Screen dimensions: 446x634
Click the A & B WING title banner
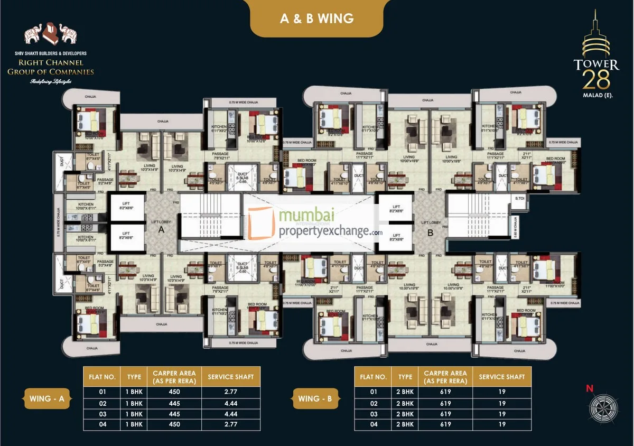[x=316, y=18]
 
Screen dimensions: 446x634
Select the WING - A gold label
[x=47, y=399]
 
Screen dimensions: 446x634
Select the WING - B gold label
[x=315, y=399]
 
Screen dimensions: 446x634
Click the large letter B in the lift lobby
[x=430, y=232]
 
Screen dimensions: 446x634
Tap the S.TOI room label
[x=519, y=199]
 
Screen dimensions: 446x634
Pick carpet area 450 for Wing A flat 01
[x=174, y=392]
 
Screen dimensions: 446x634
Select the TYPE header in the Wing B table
[x=405, y=377]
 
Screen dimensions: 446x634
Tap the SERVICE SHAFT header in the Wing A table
[x=231, y=377]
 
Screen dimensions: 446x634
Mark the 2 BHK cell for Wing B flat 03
[x=405, y=414]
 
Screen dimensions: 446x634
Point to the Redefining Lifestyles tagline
[x=51, y=81]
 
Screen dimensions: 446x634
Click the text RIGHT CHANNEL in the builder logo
[x=51, y=63]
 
